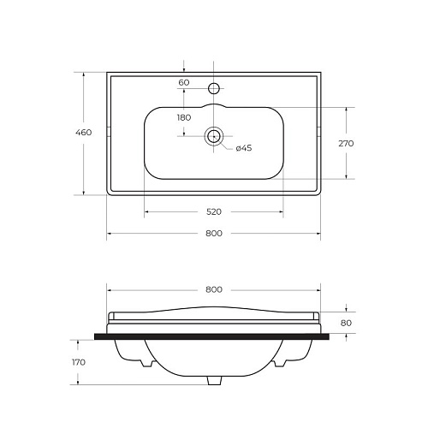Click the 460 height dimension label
pos(84,133)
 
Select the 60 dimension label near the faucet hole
pos(184,82)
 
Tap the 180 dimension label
pos(184,117)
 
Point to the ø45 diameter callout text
pos(244,148)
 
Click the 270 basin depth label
pos(346,143)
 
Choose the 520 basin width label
pos(214,211)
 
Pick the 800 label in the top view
pos(214,234)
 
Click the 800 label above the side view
pos(214,289)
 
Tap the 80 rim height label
pos(346,323)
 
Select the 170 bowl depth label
pos(79,362)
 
